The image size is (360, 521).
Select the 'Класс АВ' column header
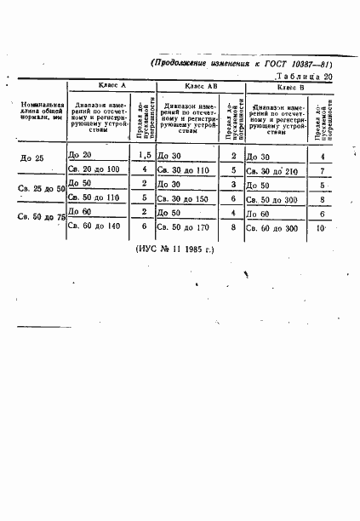(x=201, y=87)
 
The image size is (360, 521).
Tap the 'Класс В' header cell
(x=292, y=87)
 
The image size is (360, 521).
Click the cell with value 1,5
(x=145, y=156)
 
